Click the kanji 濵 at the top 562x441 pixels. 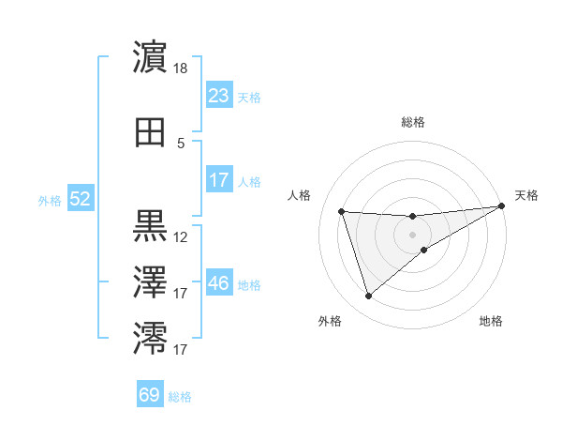[x=151, y=57]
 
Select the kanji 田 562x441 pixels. [x=151, y=133]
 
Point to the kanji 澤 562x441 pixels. [x=151, y=281]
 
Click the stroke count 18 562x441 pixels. [x=182, y=68]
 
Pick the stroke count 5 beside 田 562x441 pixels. [x=181, y=144]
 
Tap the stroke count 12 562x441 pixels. [x=181, y=237]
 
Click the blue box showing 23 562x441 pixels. [x=218, y=96]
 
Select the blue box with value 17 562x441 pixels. [x=218, y=180]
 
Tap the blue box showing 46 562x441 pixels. [x=218, y=283]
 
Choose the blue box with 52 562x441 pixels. [x=80, y=199]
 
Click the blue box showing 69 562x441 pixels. [x=150, y=395]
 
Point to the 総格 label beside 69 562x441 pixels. [x=180, y=397]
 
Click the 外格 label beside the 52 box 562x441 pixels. [x=50, y=200]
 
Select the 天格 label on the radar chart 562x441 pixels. [x=526, y=195]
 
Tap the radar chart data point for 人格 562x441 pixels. [x=342, y=211]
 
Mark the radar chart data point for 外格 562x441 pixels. [x=368, y=297]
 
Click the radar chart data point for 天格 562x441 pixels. [x=503, y=206]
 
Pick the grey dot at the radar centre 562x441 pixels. [x=413, y=234]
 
